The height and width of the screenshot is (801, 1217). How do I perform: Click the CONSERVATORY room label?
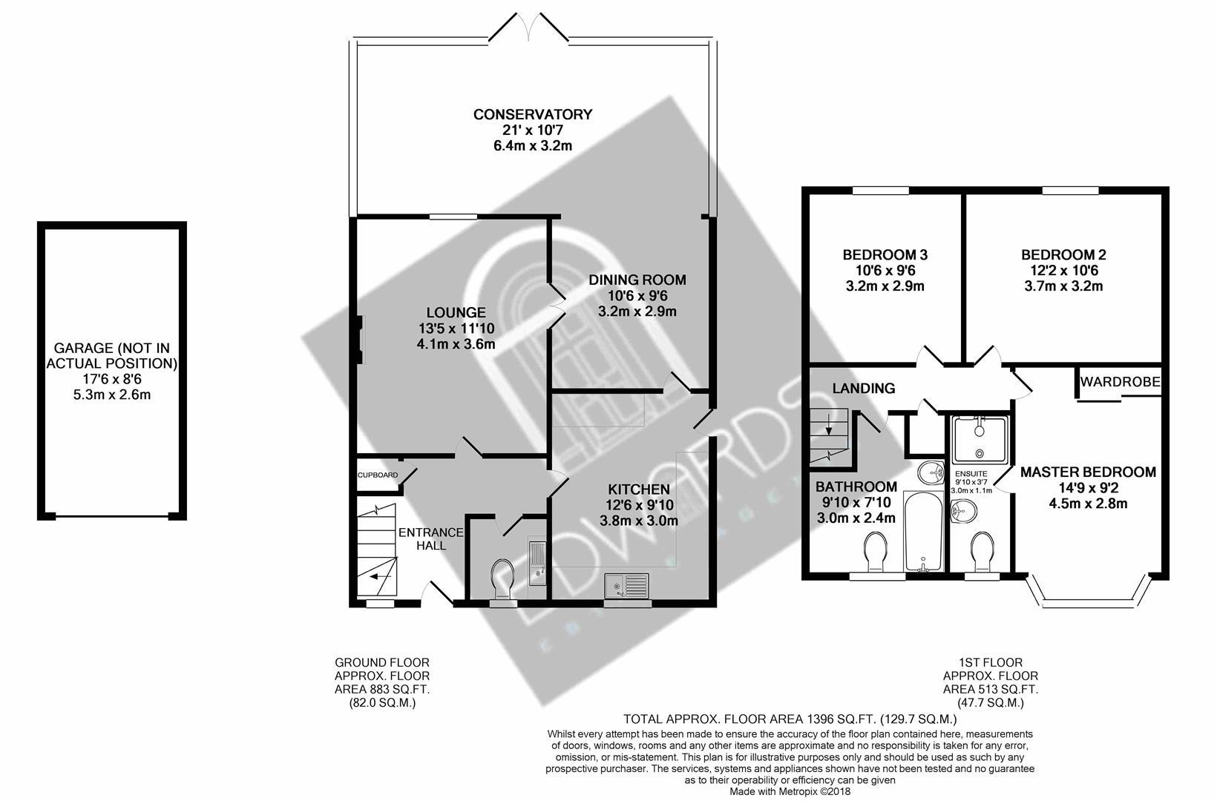[x=533, y=114]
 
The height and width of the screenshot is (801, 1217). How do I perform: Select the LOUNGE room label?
[x=456, y=313]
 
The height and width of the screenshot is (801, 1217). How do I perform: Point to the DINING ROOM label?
[x=637, y=280]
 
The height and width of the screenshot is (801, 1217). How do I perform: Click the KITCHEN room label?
[x=638, y=489]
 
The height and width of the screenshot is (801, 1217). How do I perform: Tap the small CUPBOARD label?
[x=378, y=475]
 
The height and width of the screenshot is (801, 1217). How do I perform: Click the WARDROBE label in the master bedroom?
[x=1120, y=383]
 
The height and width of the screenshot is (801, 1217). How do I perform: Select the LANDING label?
[x=863, y=388]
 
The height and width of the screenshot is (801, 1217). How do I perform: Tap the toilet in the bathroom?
[x=873, y=552]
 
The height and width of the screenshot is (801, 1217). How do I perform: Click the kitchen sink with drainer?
[x=626, y=586]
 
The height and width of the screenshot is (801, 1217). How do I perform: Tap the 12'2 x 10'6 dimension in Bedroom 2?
[x=1061, y=271]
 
